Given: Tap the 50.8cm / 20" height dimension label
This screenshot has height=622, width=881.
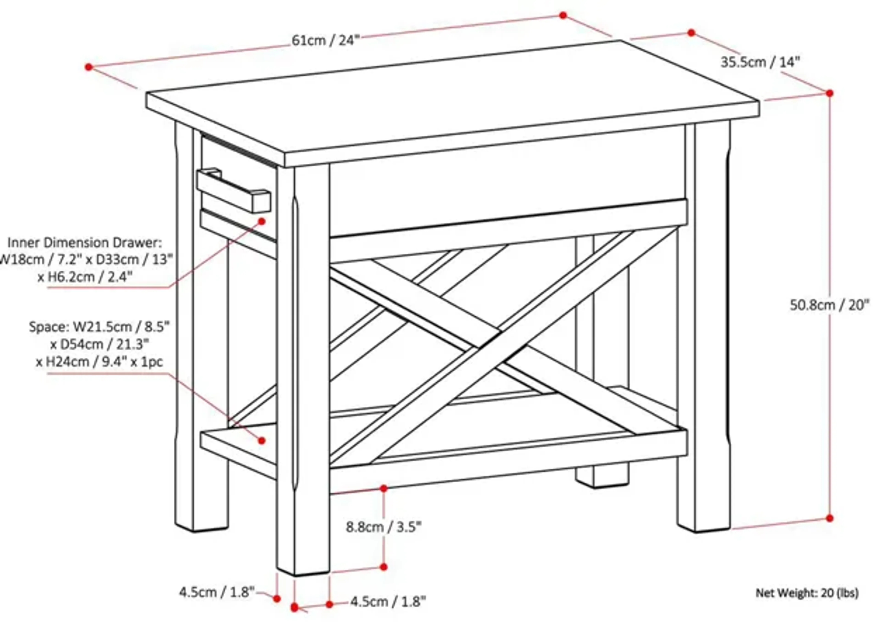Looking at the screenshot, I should point(829,305).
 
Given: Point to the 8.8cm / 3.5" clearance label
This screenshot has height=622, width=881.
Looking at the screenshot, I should point(383,527).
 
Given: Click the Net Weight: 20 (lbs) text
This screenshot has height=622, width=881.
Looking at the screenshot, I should point(807,593).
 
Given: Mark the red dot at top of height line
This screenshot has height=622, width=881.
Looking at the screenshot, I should point(830,93).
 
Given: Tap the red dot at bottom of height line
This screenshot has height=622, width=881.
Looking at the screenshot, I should point(830,518).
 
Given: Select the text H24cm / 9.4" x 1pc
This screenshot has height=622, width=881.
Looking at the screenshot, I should point(100,362).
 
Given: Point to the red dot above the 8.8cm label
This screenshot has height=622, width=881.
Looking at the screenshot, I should point(384,488).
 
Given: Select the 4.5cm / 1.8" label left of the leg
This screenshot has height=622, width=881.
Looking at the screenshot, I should point(217,592).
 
